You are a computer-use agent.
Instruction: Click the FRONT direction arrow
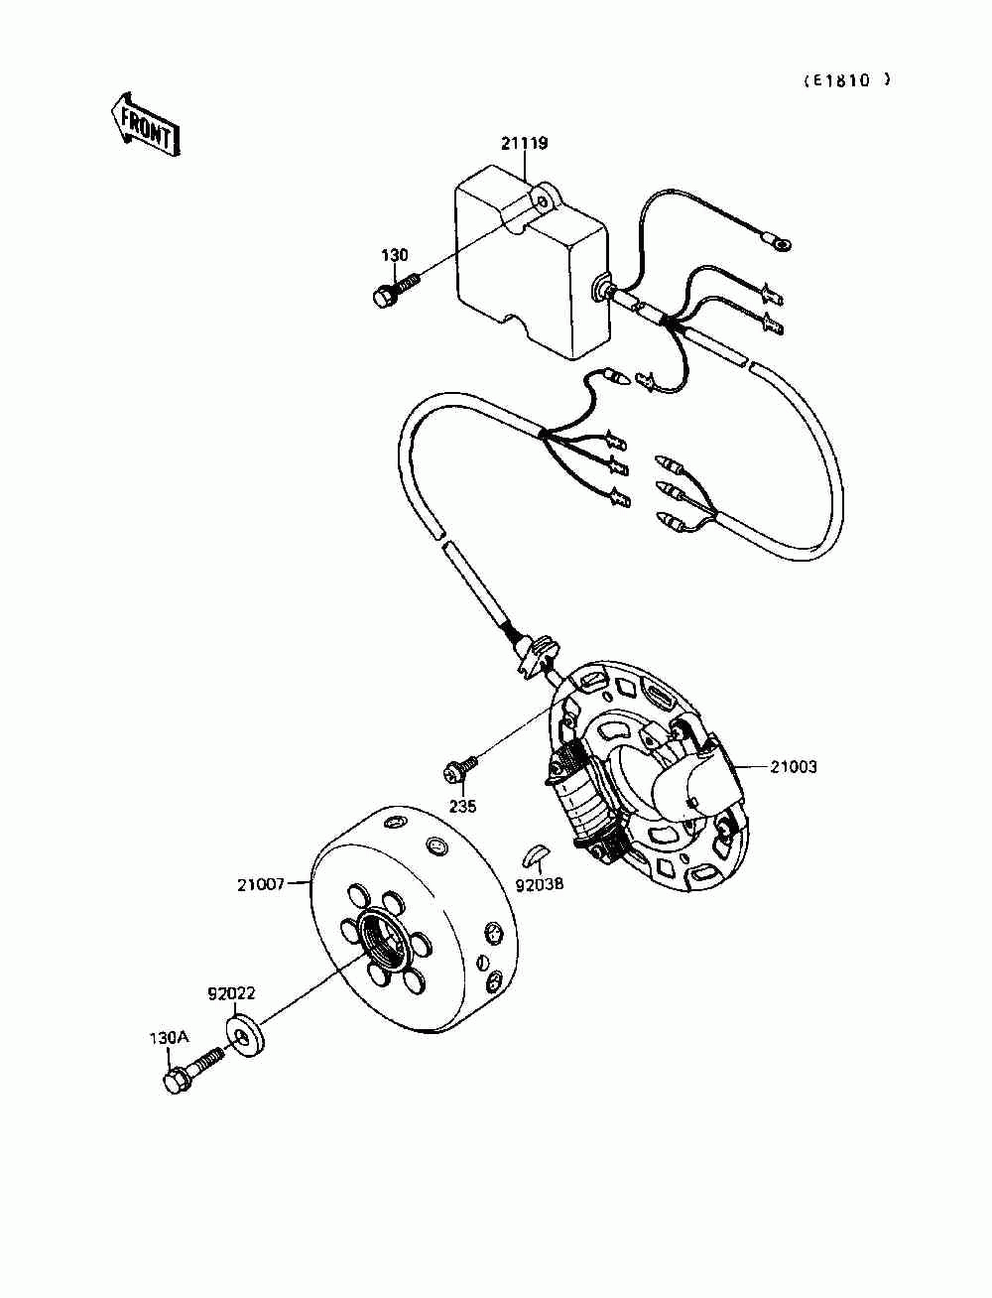coord(145,124)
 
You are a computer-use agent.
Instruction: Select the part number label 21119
coord(524,143)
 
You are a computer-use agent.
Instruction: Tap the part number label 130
coord(394,255)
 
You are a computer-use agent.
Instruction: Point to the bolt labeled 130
coord(393,291)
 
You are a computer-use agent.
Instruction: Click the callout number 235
coord(462,807)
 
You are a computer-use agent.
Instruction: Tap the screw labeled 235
coord(460,767)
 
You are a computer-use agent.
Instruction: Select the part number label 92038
coord(538,882)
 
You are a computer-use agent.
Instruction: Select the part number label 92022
coord(232,991)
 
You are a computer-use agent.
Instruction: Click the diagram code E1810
coord(846,80)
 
